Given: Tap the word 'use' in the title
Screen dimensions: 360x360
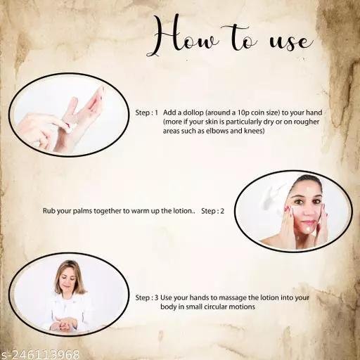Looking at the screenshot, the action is click(x=291, y=42).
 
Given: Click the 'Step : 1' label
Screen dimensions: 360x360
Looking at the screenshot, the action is click(x=147, y=112).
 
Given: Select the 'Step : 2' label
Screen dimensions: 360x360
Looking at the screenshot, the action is click(x=212, y=211).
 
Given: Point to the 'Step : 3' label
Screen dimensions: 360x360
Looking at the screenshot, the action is click(x=147, y=297).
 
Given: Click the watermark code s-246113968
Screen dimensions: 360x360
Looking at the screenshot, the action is click(x=39, y=354).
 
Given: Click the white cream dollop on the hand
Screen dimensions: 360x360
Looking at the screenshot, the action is click(x=70, y=127).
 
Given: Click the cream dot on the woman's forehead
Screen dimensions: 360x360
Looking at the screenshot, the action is click(x=307, y=188).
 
